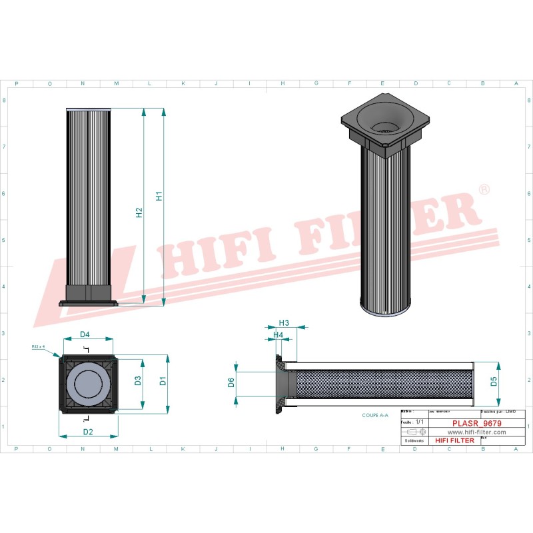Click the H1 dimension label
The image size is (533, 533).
point(159,197)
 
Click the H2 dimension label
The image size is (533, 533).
point(139,213)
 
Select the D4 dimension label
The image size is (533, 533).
point(85,334)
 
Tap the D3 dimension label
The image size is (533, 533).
point(138,381)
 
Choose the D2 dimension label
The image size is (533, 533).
point(87,432)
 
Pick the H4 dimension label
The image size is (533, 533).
point(278,334)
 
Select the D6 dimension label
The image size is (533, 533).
point(231,382)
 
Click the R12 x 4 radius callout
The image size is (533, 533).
point(38,346)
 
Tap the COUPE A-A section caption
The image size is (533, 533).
point(376,415)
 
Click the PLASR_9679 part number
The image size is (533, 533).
point(476,423)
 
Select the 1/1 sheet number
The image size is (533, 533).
point(419,422)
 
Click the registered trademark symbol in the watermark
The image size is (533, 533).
point(484,191)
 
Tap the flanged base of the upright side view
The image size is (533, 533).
point(89,302)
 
